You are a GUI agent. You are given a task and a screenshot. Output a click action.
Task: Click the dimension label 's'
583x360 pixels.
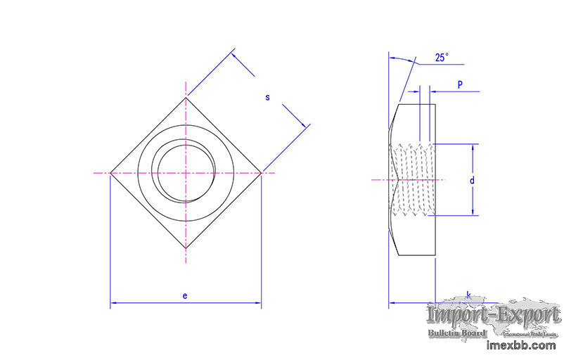coord(267,97)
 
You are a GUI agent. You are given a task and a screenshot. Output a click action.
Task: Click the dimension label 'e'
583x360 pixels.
coord(185,295)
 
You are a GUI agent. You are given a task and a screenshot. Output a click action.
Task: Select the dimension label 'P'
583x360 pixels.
coord(460,84)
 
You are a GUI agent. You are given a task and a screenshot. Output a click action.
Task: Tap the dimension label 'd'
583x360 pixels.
coord(472,181)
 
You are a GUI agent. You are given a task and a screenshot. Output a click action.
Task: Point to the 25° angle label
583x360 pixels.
coord(442,58)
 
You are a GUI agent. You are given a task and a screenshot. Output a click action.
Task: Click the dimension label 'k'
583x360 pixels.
coord(468,295)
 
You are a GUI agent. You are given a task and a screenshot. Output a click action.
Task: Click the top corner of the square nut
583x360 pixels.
coord(186,97)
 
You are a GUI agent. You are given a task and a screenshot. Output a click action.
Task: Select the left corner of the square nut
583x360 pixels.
coord(110,172)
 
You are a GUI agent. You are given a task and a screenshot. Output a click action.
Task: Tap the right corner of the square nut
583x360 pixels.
coord(261,172)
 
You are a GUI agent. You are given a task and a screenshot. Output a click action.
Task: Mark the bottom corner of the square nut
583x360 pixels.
coord(186,247)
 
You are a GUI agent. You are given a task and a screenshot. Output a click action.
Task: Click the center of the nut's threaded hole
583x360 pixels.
coord(186,173)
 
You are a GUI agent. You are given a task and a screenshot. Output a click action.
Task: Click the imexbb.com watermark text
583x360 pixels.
coord(521,345)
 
